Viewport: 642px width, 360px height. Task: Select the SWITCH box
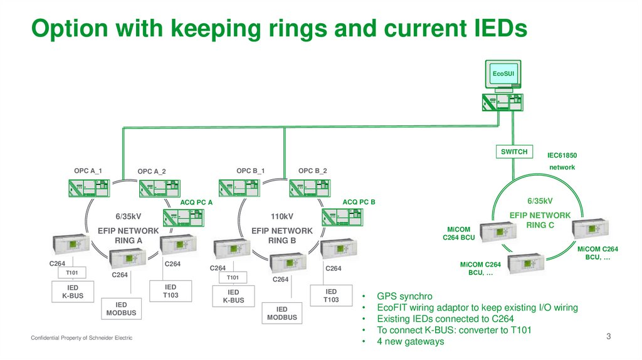(x=514, y=152)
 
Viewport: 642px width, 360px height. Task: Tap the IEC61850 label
(x=562, y=154)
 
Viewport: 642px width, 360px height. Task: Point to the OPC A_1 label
(x=88, y=171)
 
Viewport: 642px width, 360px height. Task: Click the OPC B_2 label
(x=312, y=171)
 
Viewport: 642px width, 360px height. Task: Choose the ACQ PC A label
(x=197, y=203)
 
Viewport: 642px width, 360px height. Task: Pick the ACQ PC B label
(x=359, y=203)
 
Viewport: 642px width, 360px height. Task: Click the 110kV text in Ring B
(x=282, y=216)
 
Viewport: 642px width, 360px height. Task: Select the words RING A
(x=129, y=240)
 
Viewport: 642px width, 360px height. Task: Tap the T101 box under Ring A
(x=71, y=273)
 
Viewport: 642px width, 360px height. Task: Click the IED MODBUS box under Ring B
(x=282, y=314)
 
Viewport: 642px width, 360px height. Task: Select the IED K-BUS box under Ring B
(x=233, y=296)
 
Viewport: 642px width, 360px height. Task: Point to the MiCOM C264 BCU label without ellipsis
(x=459, y=233)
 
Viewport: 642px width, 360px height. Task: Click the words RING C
(x=540, y=225)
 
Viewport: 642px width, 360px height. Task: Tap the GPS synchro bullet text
(x=404, y=296)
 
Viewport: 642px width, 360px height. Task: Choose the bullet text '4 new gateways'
(x=410, y=341)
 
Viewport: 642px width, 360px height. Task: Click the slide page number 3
(x=608, y=337)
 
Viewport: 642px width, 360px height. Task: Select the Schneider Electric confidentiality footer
(x=82, y=339)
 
